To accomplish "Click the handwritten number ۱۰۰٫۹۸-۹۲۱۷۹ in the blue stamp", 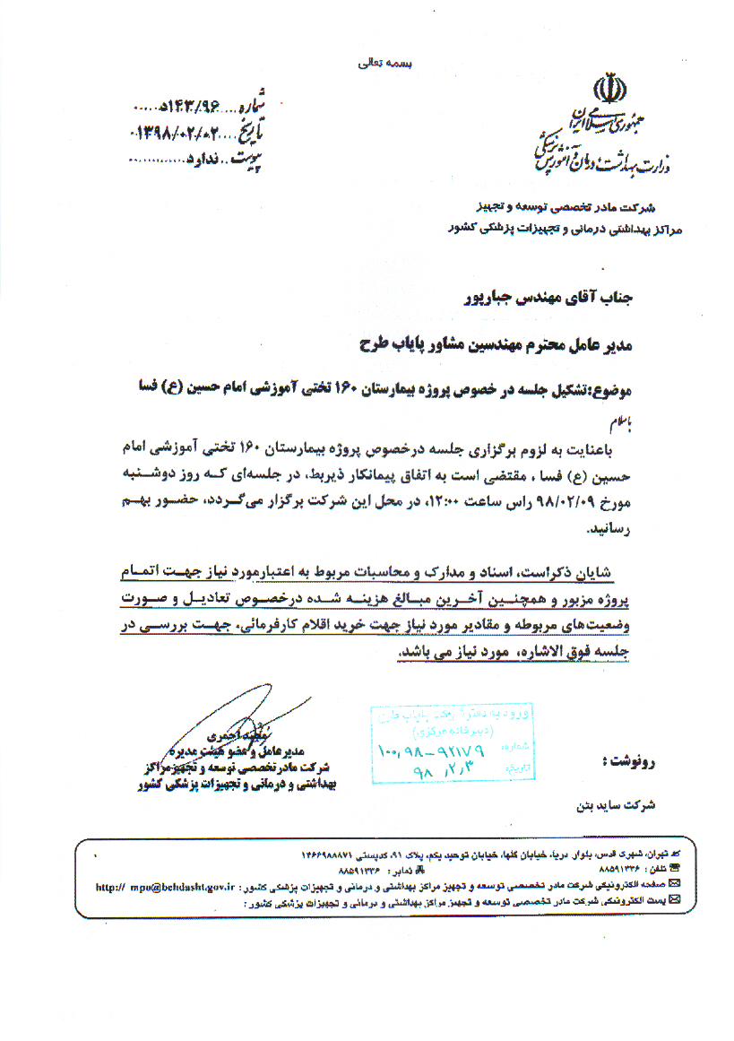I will (x=430, y=750).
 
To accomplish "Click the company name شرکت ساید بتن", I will (x=616, y=804).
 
